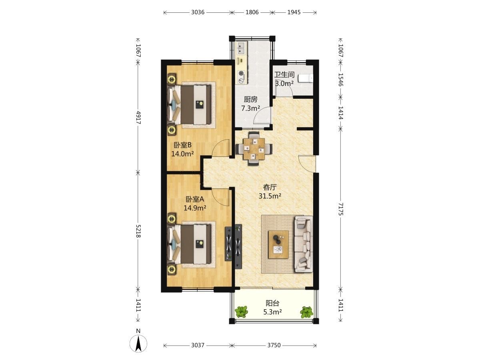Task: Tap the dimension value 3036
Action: click(198, 12)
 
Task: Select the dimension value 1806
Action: click(252, 12)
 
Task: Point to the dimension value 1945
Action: click(294, 12)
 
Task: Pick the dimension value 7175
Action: click(340, 209)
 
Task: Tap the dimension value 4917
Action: click(138, 118)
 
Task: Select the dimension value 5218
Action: click(138, 231)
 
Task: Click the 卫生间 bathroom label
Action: click(284, 74)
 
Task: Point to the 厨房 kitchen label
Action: click(251, 100)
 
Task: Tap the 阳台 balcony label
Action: click(272, 303)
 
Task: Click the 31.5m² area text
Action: click(270, 196)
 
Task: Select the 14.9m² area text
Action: click(195, 208)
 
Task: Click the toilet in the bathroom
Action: click(306, 78)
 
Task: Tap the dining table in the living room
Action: click(254, 149)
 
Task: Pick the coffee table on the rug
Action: click(278, 244)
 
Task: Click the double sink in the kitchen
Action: click(242, 49)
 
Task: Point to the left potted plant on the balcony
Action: click(242, 312)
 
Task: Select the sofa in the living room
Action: click(304, 244)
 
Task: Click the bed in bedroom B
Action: click(189, 105)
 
